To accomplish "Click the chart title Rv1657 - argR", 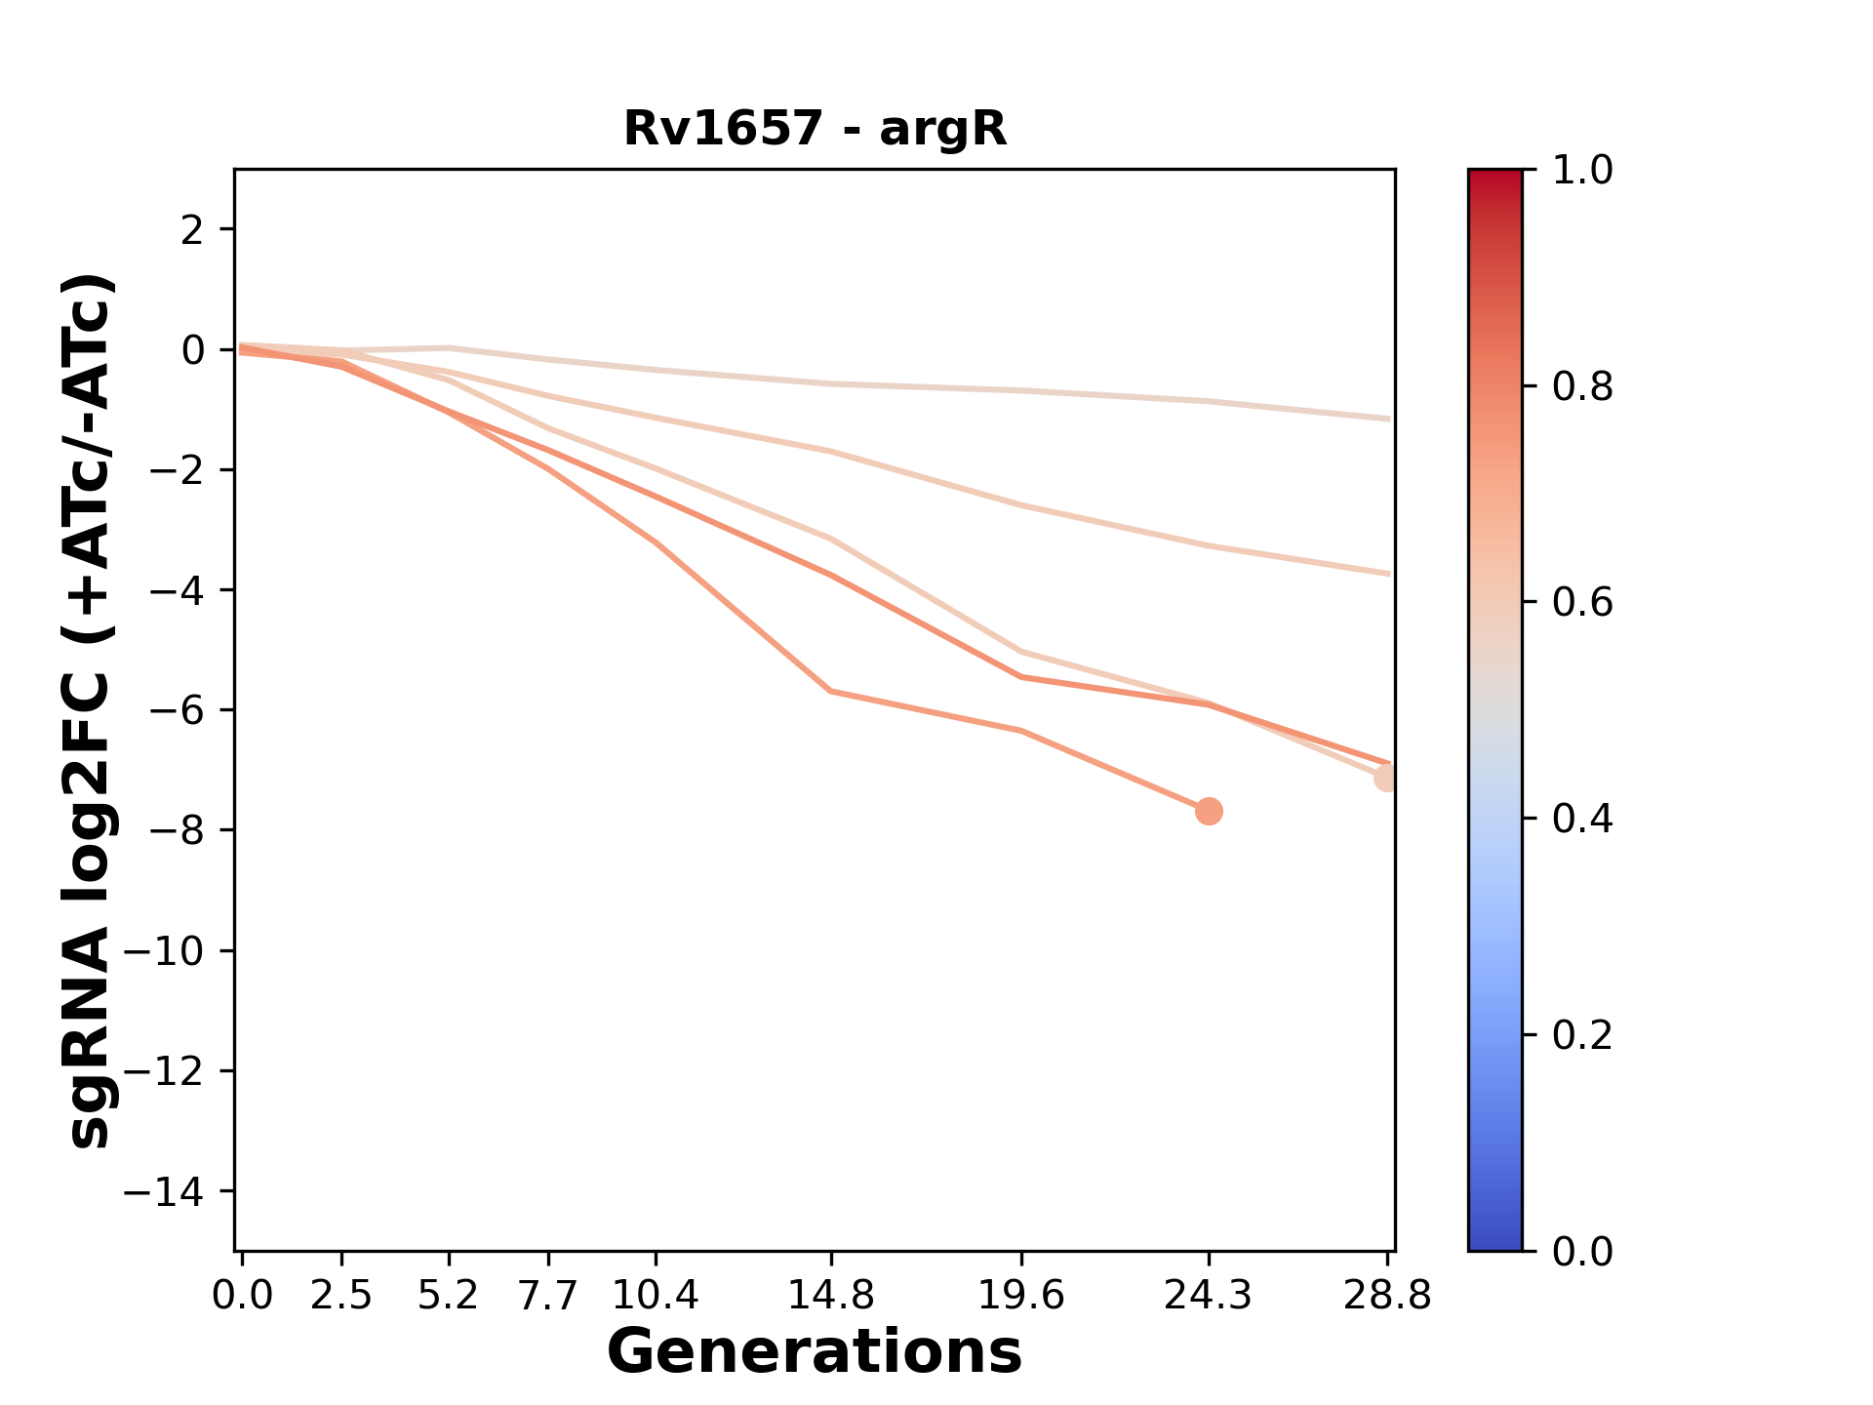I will point(815,129).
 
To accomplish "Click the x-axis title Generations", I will point(815,1352).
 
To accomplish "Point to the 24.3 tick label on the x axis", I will point(1209,1296).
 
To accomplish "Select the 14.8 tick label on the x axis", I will point(830,1296).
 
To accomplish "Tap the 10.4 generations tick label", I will point(656,1296).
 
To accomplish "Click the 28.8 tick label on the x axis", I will point(1387,1296).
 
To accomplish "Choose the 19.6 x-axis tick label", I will point(1021,1296).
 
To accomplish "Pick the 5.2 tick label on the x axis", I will point(448,1296).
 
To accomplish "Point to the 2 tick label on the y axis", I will point(193,229).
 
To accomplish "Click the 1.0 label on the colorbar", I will point(1582,171).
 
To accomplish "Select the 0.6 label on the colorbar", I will point(1582,602).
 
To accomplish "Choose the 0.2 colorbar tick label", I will point(1582,1034).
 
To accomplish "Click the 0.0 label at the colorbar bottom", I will point(1582,1251).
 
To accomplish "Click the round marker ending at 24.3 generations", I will point(1209,811).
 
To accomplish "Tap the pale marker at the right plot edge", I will point(1386,778).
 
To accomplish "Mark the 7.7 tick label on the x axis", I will point(548,1296).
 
